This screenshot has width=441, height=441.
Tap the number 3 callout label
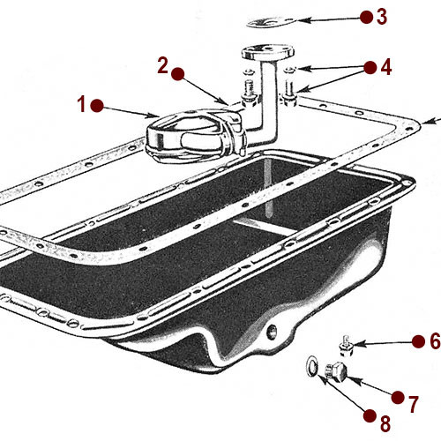coord(381,15)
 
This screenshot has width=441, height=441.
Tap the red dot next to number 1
coord(97,104)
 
